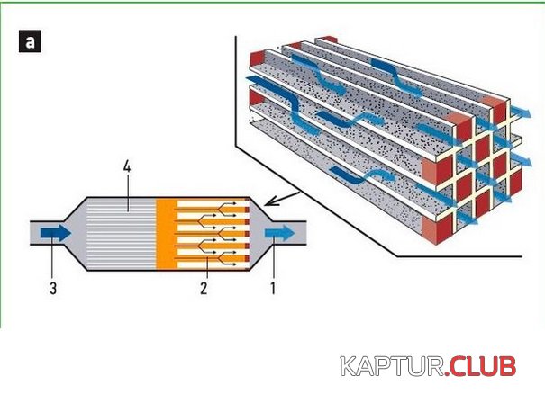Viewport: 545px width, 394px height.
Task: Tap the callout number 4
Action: pos(127,168)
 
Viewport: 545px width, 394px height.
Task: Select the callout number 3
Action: pos(53,290)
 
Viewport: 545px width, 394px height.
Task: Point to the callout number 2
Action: pos(204,290)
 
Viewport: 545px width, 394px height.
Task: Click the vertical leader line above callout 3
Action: pos(51,261)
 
